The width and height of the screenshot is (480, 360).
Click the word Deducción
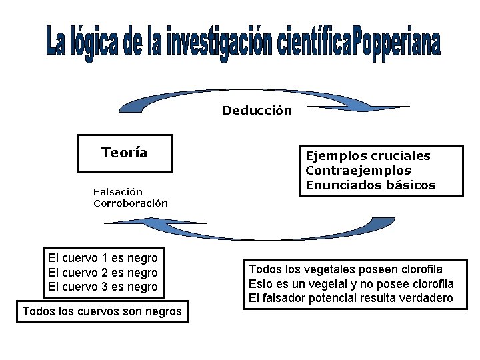257,111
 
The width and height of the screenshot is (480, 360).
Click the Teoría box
125,153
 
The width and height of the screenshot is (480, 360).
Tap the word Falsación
118,192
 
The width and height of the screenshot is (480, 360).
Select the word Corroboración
131,203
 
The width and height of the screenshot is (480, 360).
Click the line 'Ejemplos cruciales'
368,156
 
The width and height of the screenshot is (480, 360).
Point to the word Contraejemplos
358,170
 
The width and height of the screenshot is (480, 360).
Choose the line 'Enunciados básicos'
370,185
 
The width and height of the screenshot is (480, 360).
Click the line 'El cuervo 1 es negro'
103,258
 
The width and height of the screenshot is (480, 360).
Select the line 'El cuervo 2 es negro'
103,273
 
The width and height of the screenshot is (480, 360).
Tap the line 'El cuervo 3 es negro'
103,287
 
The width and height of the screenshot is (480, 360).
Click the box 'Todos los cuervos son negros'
102,311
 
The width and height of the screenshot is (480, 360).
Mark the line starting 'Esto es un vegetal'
351,284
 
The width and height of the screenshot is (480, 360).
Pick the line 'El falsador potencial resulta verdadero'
351,298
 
